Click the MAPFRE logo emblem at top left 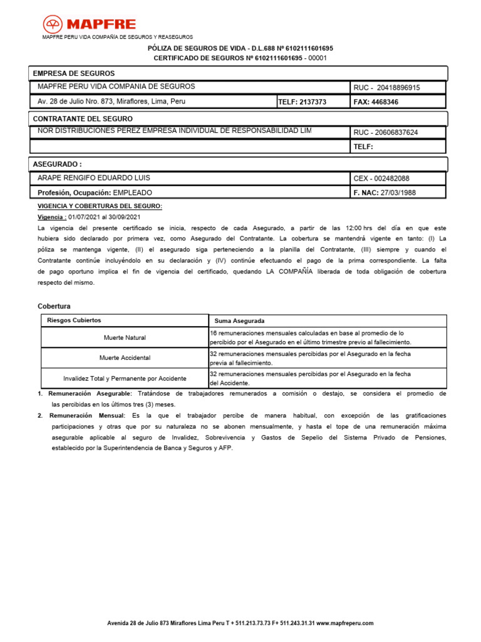point(53,24)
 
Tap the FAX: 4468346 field point(376,102)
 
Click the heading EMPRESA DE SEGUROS point(73,73)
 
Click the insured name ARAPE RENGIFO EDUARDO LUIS point(94,178)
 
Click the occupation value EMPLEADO point(132,192)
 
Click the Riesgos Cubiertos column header point(74,320)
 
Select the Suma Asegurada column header point(239,321)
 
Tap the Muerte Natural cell point(125,338)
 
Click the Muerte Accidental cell point(125,358)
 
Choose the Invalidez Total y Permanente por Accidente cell point(125,379)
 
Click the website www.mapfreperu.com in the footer point(344,623)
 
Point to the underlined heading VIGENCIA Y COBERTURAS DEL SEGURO point(100,206)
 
